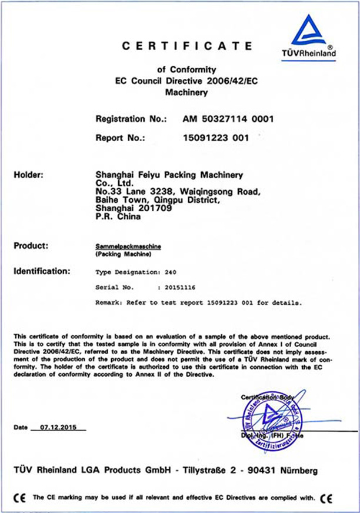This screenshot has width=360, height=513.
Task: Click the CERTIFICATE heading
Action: point(187,45)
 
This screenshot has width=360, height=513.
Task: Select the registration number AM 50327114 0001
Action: point(229,119)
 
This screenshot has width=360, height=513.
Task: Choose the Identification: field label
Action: point(42,272)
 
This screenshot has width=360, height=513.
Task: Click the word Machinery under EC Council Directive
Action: point(186,92)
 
